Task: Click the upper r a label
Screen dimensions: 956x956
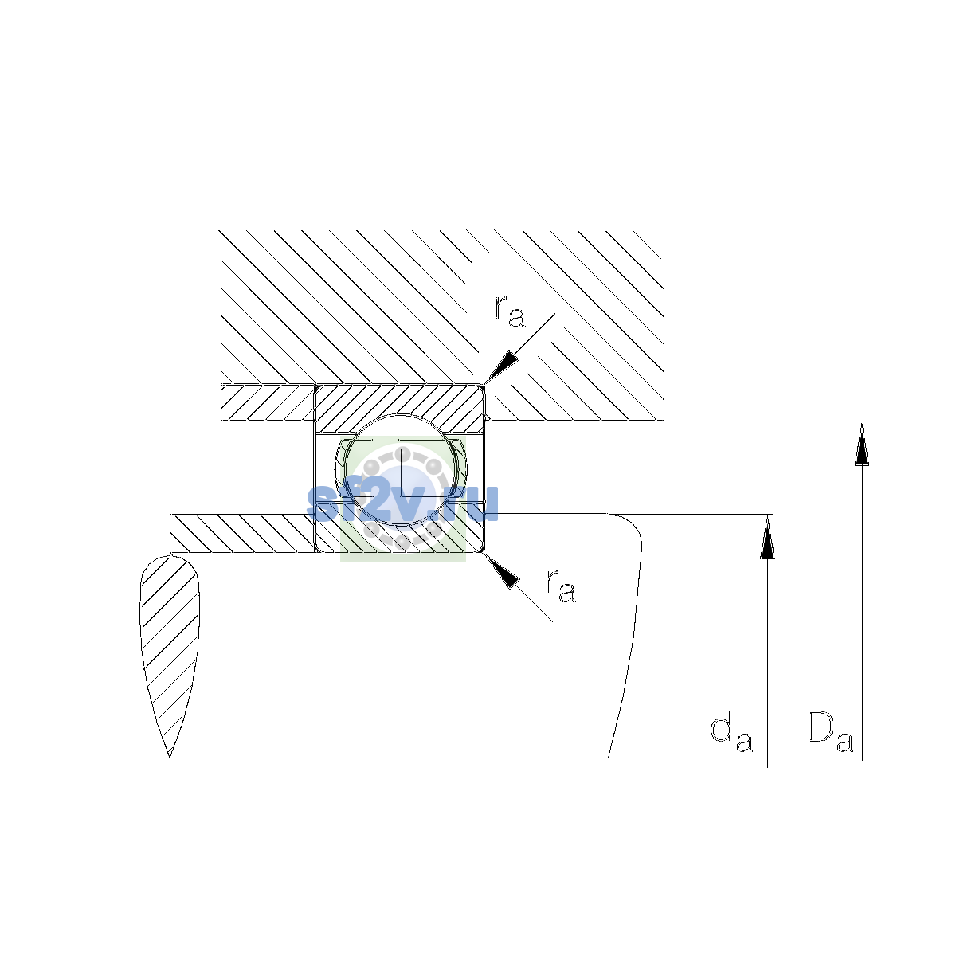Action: point(510,311)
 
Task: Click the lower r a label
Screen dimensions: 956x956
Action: point(561,586)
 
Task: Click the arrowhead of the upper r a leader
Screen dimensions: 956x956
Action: point(500,367)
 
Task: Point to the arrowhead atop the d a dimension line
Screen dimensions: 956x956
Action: point(767,536)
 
